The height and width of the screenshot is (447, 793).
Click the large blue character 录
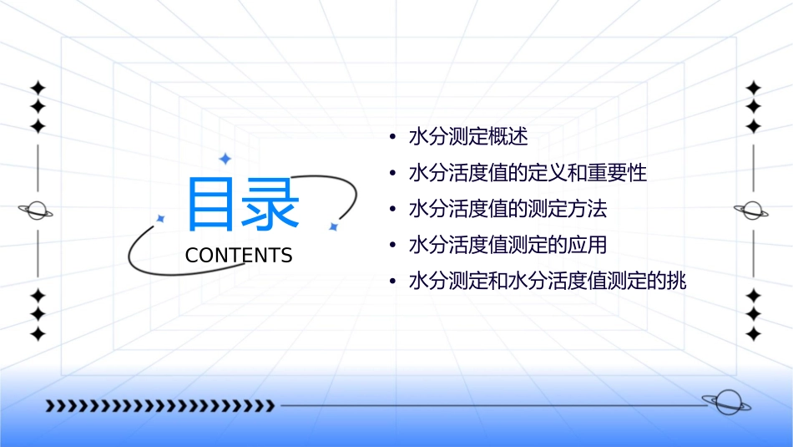pyautogui.click(x=270, y=205)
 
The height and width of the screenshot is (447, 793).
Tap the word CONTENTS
pyautogui.click(x=239, y=256)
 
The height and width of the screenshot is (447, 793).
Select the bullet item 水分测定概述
pyautogui.click(x=468, y=136)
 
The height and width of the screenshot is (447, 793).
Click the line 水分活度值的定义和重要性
pyautogui.click(x=528, y=173)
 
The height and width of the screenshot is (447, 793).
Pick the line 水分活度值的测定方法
pyautogui.click(x=508, y=209)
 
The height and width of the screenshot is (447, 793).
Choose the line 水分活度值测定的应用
pyautogui.click(x=508, y=246)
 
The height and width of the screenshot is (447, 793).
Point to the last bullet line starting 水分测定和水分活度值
pyautogui.click(x=547, y=282)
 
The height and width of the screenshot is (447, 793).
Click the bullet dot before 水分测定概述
pyautogui.click(x=391, y=137)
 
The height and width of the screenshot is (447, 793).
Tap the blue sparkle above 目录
pyautogui.click(x=225, y=158)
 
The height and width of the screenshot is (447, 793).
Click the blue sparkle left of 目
pyautogui.click(x=161, y=219)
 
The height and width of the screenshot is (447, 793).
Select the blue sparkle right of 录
pyautogui.click(x=332, y=226)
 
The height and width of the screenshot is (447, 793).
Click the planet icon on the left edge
pyautogui.click(x=37, y=211)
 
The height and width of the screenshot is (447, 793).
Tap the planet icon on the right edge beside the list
pyautogui.click(x=753, y=211)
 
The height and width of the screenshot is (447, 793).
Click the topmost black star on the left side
pyautogui.click(x=38, y=88)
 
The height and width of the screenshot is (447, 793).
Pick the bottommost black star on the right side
pyautogui.click(x=754, y=333)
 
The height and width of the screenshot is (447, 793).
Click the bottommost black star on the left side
pyautogui.click(x=38, y=333)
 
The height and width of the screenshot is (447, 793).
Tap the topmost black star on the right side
pyautogui.click(x=754, y=88)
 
